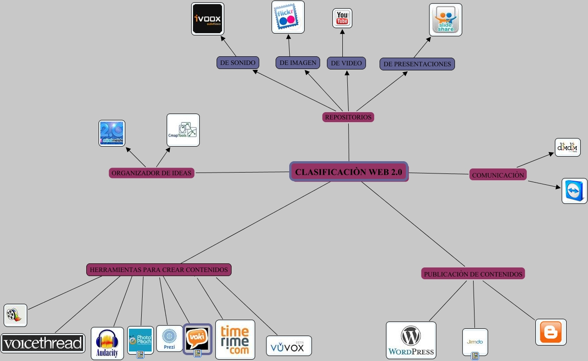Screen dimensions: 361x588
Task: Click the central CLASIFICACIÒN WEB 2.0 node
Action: click(349, 172)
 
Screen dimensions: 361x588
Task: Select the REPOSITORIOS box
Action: click(348, 117)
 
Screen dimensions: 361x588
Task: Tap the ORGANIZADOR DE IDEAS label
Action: click(152, 173)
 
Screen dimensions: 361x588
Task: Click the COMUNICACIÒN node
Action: click(498, 175)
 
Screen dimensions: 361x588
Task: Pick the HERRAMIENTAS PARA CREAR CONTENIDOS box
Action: click(159, 270)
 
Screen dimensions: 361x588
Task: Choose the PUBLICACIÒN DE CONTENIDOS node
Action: click(473, 274)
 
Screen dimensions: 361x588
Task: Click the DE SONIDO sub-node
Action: click(237, 63)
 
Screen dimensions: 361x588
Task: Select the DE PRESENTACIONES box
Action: click(417, 64)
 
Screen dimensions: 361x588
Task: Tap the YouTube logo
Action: click(342, 18)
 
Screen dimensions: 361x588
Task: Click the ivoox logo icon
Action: click(208, 19)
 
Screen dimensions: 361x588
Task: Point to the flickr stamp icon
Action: click(288, 17)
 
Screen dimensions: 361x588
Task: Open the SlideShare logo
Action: click(445, 20)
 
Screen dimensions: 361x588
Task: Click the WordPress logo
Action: click(411, 340)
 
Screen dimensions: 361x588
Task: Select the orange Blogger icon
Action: click(551, 332)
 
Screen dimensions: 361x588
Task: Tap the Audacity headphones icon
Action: click(107, 343)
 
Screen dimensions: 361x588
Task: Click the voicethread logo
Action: click(43, 343)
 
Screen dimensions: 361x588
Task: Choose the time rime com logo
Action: click(235, 340)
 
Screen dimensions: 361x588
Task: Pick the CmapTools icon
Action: click(183, 130)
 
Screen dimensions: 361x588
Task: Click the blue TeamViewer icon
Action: click(574, 191)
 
